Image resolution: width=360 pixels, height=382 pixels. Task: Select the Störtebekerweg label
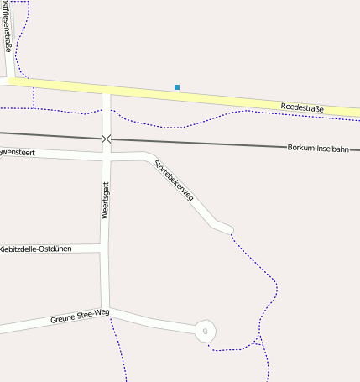175,180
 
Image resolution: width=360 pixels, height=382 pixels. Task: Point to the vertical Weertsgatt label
106,201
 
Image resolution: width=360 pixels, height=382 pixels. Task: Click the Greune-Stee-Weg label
80,317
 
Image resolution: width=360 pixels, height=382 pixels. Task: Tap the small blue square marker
176,86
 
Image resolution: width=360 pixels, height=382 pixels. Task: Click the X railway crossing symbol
106,139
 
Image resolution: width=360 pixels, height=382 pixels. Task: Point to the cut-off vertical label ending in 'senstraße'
8,30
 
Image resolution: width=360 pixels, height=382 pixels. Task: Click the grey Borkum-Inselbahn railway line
210,143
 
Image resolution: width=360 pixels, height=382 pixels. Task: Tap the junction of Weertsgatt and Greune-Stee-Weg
106,309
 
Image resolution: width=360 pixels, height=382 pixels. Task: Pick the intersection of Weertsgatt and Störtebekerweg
106,157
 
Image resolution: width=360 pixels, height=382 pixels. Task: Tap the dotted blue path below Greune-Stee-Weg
118,353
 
